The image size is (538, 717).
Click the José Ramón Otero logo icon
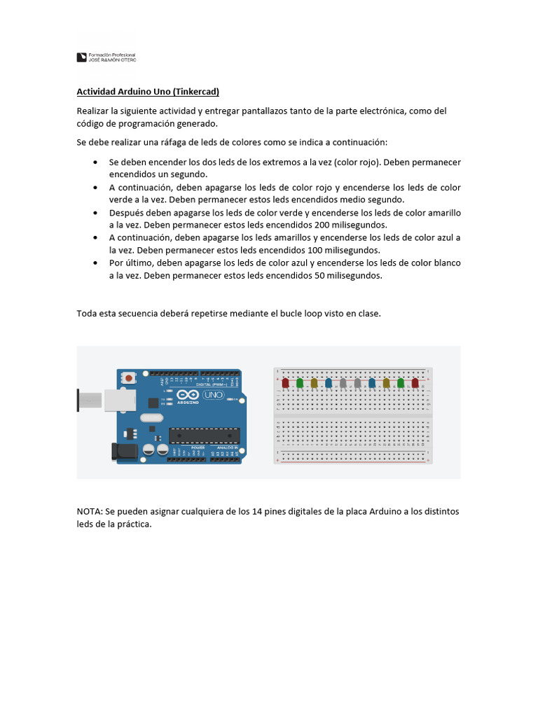81,57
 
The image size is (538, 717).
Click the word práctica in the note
134,524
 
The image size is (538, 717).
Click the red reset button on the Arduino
129,378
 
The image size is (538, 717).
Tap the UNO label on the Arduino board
212,396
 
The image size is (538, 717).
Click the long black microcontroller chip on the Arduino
204,436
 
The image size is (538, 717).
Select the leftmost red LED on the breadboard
285,383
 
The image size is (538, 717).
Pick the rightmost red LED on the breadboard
415,383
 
